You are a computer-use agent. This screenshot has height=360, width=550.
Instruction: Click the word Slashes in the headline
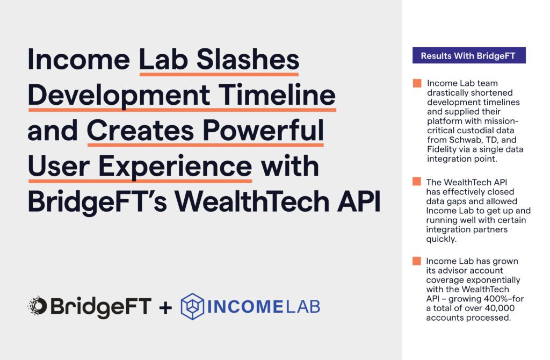click(x=248, y=59)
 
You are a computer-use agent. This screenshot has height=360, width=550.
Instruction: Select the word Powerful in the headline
click(x=263, y=130)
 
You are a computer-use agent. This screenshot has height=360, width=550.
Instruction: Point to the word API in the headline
click(x=359, y=201)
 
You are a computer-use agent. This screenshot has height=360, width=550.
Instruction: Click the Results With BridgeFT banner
click(x=469, y=55)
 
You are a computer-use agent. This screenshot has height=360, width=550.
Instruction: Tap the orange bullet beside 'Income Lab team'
click(x=417, y=83)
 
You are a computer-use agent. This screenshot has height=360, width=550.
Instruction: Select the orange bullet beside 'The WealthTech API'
click(x=417, y=182)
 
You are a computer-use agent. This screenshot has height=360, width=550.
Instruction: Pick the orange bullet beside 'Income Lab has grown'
click(x=417, y=261)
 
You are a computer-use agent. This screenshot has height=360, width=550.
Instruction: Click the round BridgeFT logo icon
click(x=38, y=306)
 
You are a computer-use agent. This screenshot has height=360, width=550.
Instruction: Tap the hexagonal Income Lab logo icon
click(x=192, y=306)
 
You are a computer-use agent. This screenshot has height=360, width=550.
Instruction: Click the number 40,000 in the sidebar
click(x=500, y=308)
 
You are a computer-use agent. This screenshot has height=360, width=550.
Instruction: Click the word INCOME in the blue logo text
click(x=245, y=307)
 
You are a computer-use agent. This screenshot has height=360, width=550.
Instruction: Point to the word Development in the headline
click(x=119, y=96)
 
